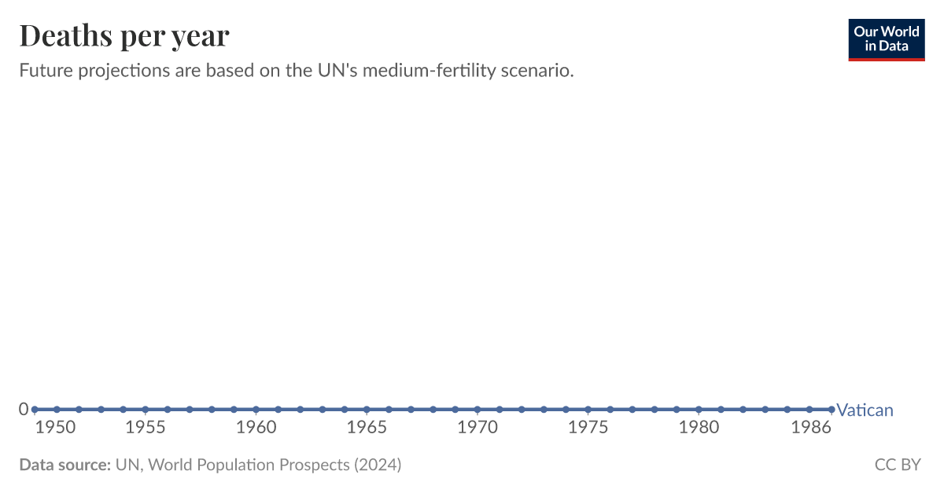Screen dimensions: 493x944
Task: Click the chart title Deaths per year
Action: (x=124, y=35)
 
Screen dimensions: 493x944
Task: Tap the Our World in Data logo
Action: (x=887, y=39)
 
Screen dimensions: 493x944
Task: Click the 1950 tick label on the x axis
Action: (x=57, y=427)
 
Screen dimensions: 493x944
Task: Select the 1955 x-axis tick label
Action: (x=145, y=427)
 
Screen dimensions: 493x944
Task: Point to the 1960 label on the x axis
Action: (x=256, y=427)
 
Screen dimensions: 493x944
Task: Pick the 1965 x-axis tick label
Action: (x=367, y=427)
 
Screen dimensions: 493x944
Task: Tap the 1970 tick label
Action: (x=478, y=427)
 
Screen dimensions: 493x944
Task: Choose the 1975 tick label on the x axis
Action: (x=588, y=427)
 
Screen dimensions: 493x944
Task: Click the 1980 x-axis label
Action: (x=699, y=427)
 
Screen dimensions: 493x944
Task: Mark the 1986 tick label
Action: (x=810, y=427)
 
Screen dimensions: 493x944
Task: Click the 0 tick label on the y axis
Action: (x=24, y=409)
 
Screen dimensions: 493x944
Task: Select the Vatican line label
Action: (x=865, y=410)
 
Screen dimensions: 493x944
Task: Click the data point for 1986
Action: (x=832, y=409)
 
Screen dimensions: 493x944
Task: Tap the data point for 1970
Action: (x=478, y=409)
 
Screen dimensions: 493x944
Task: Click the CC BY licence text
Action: (x=898, y=465)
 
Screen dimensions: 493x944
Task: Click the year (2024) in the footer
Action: (x=377, y=465)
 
